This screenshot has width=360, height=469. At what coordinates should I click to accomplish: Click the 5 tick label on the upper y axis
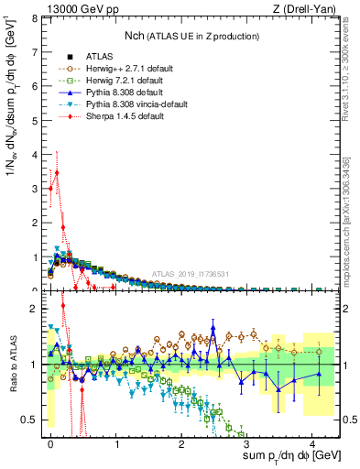(x=34, y=120)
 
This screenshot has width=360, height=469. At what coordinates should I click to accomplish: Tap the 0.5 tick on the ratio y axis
(x=29, y=420)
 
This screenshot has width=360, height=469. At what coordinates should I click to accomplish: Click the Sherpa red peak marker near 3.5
(x=57, y=171)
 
